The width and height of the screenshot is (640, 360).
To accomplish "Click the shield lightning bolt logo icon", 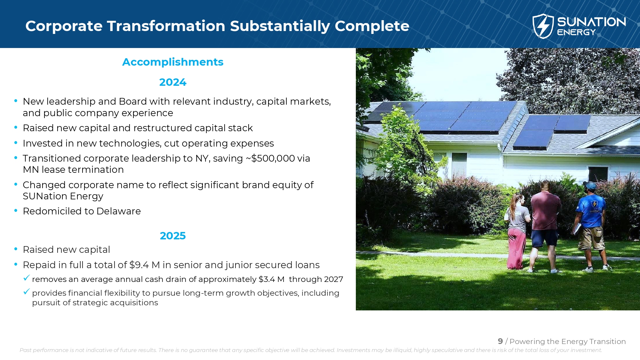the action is click(x=543, y=26).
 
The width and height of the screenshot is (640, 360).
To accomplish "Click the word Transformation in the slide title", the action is click(x=166, y=26).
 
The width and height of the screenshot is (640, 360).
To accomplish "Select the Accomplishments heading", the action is click(x=173, y=62).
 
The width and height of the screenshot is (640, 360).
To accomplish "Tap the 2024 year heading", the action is click(x=173, y=82).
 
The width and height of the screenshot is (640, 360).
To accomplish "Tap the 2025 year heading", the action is click(x=173, y=236).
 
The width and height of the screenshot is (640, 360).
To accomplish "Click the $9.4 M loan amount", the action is click(x=145, y=265).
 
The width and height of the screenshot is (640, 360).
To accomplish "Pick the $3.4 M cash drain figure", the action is click(x=271, y=279).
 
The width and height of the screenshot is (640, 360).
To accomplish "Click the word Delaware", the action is click(x=118, y=211).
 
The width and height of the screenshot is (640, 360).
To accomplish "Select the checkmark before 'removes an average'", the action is click(x=27, y=278).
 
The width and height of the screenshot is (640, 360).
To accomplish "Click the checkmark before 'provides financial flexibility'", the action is click(x=27, y=292).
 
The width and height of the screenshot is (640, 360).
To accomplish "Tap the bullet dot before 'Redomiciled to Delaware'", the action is click(x=16, y=211).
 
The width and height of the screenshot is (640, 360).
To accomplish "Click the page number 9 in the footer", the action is click(x=500, y=341).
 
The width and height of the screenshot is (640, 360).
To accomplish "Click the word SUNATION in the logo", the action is click(x=591, y=22).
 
